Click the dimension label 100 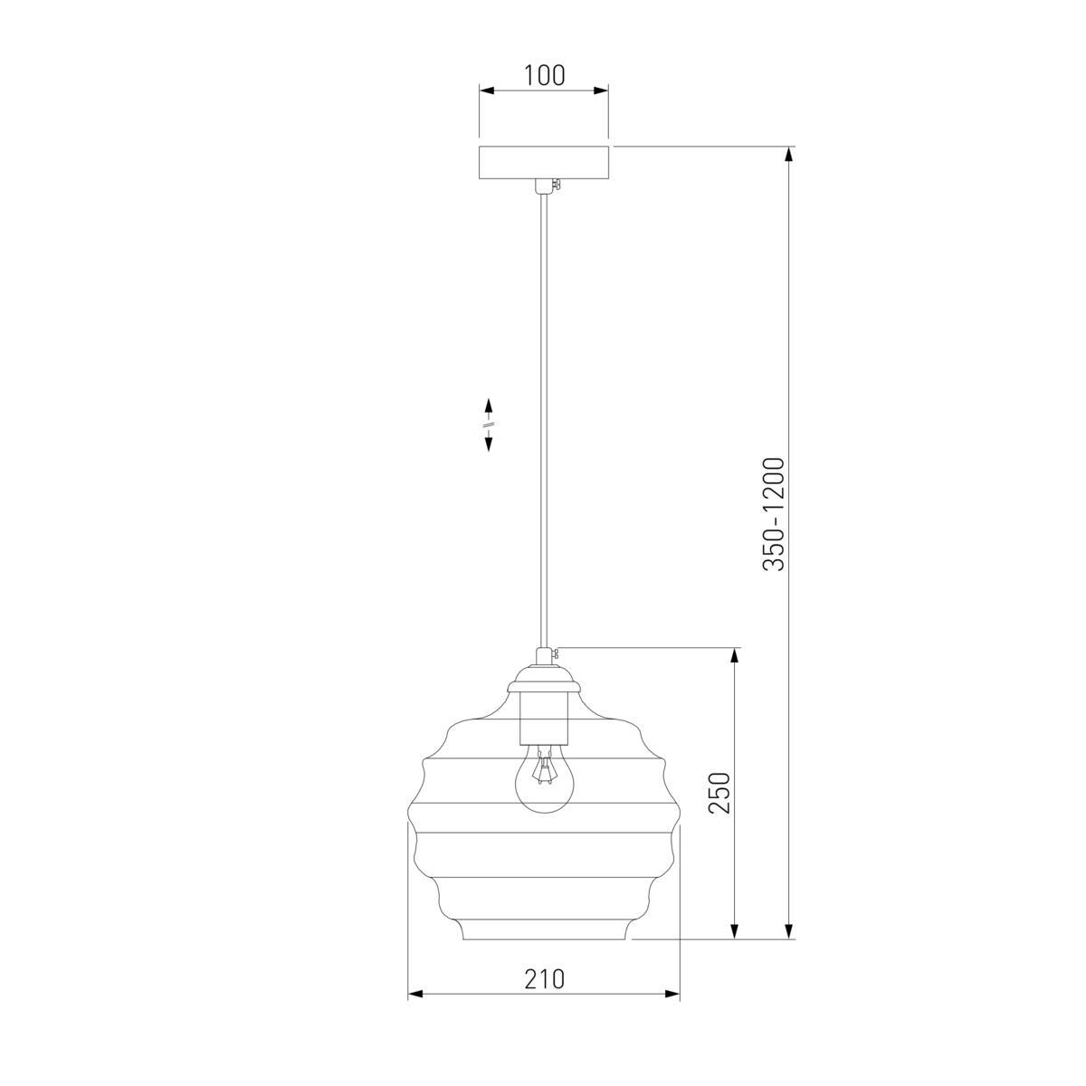coord(544,75)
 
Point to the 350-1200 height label coord(773,514)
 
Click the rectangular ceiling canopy coord(543,164)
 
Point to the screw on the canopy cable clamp coord(557,185)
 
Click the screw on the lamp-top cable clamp coord(557,653)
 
